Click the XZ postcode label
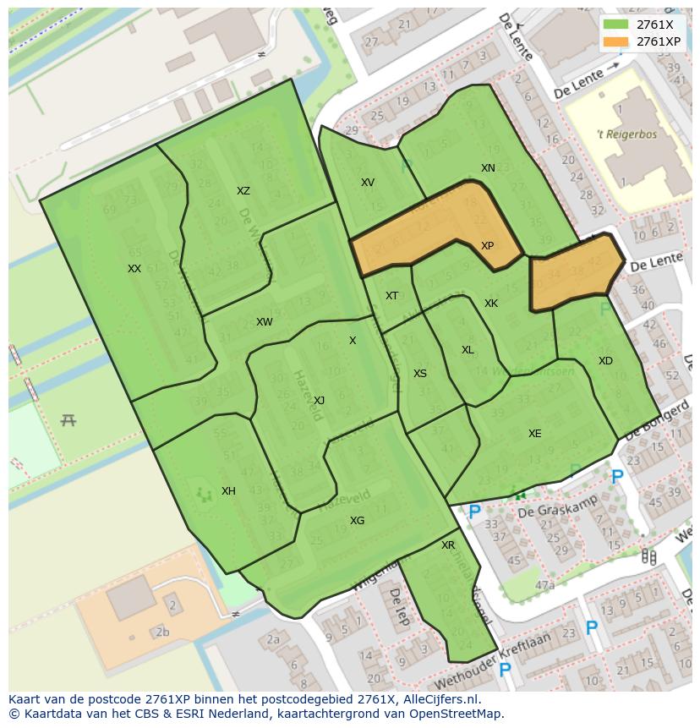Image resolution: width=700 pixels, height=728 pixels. click(243, 191)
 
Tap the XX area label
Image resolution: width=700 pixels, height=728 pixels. click(134, 269)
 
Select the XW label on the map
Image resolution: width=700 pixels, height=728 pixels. click(265, 322)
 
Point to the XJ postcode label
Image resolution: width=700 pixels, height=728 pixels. click(319, 401)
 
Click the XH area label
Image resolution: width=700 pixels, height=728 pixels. click(228, 491)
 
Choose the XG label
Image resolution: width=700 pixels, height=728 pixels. click(357, 521)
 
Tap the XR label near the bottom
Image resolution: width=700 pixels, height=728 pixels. click(448, 545)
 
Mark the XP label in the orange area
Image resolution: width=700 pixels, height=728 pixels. click(487, 246)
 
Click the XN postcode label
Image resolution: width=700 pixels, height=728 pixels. click(488, 168)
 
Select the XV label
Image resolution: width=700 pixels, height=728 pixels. click(368, 183)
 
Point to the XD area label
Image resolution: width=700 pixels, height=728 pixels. click(605, 361)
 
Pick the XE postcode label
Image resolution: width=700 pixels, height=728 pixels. click(534, 434)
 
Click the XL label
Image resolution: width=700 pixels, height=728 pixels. click(468, 350)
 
